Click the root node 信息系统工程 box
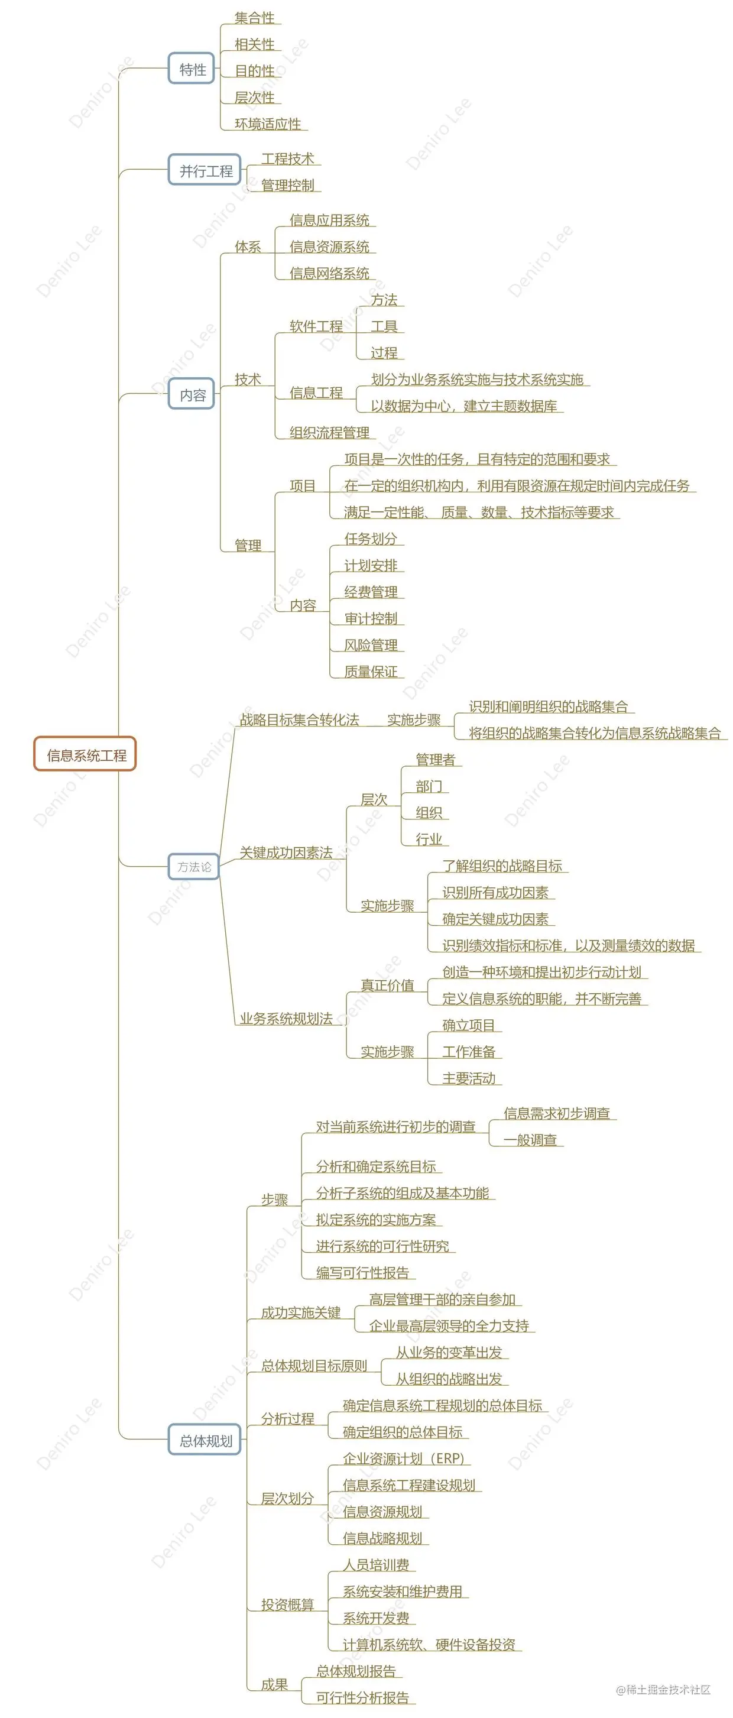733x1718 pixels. tap(85, 754)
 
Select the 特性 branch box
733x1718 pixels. tap(192, 69)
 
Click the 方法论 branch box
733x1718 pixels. tap(193, 866)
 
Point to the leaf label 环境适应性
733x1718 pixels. tap(267, 124)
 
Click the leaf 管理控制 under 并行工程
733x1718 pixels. tap(287, 184)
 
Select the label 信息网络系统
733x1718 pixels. tap(329, 273)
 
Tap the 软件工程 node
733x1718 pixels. tap(316, 326)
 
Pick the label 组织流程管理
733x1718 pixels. tap(329, 432)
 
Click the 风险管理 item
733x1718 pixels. tap(370, 645)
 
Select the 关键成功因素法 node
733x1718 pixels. tap(286, 852)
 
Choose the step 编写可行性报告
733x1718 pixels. tap(362, 1272)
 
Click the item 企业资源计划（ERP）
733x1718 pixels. tap(403, 1458)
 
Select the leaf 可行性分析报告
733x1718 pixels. tap(362, 1697)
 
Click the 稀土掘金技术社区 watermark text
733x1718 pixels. tap(664, 1689)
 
